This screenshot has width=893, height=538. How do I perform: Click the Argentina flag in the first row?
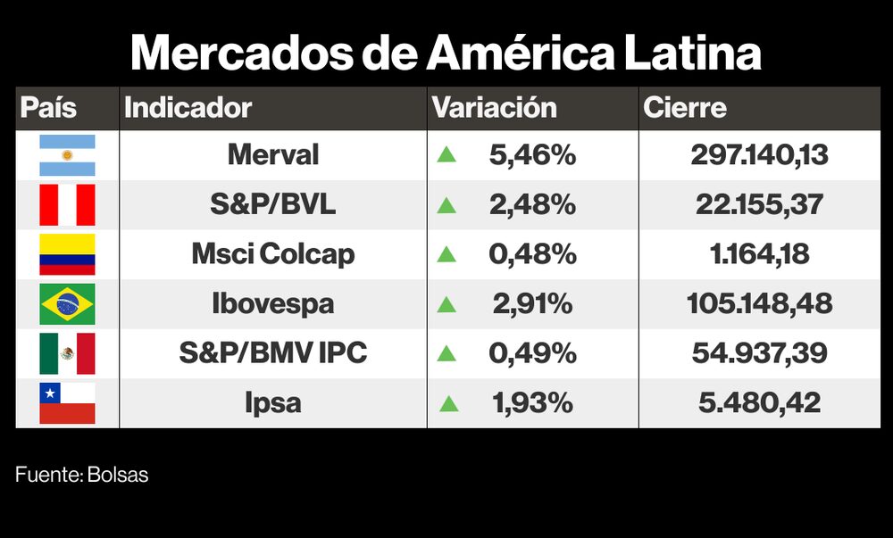point(67,155)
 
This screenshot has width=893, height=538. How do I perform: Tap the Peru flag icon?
point(67,204)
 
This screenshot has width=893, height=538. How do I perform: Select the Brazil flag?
point(67,303)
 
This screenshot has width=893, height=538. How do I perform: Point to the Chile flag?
point(67,402)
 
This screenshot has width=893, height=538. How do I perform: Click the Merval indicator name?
point(272,155)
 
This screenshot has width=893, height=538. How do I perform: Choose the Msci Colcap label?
point(272,254)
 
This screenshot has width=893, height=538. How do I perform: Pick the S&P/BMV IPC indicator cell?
point(272,353)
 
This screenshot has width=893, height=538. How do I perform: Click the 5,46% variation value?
point(532,155)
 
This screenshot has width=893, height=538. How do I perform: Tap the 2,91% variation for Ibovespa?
point(532,303)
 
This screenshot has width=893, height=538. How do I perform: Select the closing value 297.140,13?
point(759,155)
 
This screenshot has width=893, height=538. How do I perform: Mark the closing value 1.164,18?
point(759,254)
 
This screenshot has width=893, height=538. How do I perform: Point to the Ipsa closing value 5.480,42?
point(759,402)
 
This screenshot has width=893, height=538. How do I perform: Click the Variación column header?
point(495,108)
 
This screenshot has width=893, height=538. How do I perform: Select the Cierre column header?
point(685,108)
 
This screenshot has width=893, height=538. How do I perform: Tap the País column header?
point(48,108)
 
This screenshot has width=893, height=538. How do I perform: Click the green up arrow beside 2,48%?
point(446,205)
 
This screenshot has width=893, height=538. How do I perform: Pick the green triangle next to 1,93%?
point(448,403)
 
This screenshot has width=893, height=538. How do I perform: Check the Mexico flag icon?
point(67,353)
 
